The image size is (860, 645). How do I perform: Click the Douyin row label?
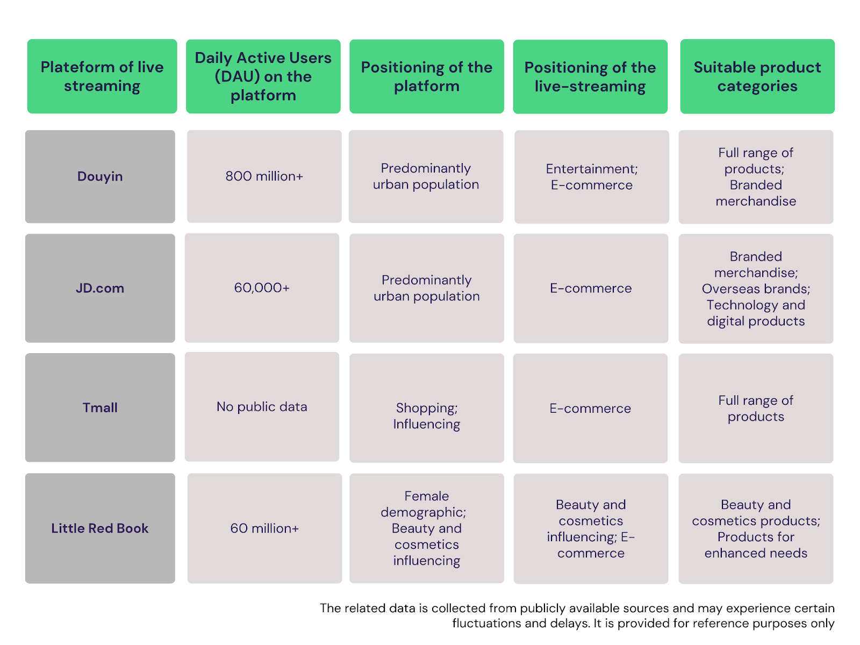[100, 176]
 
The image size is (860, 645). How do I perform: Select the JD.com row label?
[100, 288]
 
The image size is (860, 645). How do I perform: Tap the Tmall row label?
[100, 407]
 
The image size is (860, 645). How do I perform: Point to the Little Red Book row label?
[100, 528]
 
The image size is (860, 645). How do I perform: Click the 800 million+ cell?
[264, 176]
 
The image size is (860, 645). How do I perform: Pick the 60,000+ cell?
[262, 288]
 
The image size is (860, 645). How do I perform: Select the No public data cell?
[262, 406]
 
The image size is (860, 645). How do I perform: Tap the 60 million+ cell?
[264, 528]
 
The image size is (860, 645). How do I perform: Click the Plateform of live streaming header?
[102, 76]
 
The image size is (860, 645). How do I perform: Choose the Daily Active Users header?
[263, 76]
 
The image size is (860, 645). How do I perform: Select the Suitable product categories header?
[757, 76]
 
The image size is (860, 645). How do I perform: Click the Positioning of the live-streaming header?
[590, 77]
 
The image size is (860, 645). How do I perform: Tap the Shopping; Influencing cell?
[426, 408]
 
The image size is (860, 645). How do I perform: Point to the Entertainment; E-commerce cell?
[592, 177]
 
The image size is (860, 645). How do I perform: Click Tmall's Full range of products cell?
[756, 408]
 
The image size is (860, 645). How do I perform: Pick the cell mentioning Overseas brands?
[756, 289]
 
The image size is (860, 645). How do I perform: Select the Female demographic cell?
[426, 528]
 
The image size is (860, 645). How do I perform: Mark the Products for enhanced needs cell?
[756, 528]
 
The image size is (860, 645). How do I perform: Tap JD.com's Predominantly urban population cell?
[426, 288]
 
